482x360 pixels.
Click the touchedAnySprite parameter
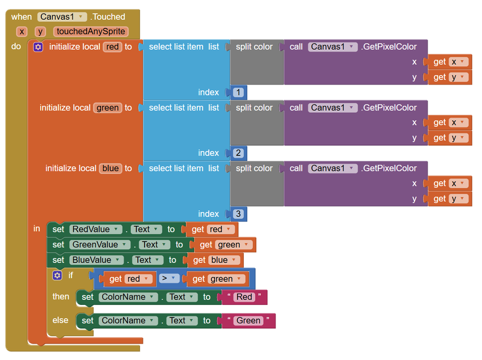pos(91,31)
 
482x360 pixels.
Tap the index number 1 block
pos(238,92)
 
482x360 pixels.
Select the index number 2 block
pos(238,153)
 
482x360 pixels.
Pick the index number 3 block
pos(238,214)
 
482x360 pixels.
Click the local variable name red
pos(112,46)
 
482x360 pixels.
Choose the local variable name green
pos(108,108)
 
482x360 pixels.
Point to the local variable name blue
pos(111,168)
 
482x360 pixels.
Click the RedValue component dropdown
pos(96,230)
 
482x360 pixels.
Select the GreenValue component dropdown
pos(100,245)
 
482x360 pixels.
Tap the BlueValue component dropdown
pos(96,260)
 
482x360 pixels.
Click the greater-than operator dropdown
pos(169,278)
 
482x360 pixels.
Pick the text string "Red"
pos(244,297)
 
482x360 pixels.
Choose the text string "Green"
pos(248,321)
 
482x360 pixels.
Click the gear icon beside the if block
pos(57,275)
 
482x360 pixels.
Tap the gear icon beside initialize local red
pos(38,47)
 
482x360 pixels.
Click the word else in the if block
pos(60,320)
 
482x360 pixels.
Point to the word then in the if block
pos(61,297)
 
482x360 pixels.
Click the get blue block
pos(214,260)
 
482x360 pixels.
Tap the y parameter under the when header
pos(40,31)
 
